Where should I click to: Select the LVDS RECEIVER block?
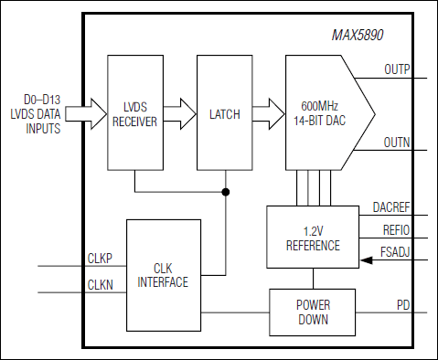point(134,114)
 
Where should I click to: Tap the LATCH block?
point(224,114)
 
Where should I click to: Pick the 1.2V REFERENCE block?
point(312,238)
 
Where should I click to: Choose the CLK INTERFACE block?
point(163,275)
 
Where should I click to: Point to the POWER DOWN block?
point(312,312)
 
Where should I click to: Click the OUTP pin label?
point(396,69)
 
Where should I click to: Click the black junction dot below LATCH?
point(225,193)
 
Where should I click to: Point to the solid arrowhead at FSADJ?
point(367,260)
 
